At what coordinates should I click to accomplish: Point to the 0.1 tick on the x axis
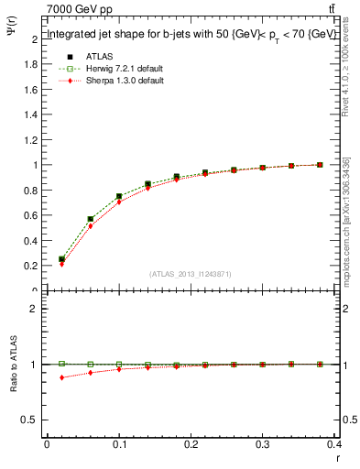point(119,445)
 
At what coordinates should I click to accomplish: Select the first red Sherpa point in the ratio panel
point(61,377)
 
